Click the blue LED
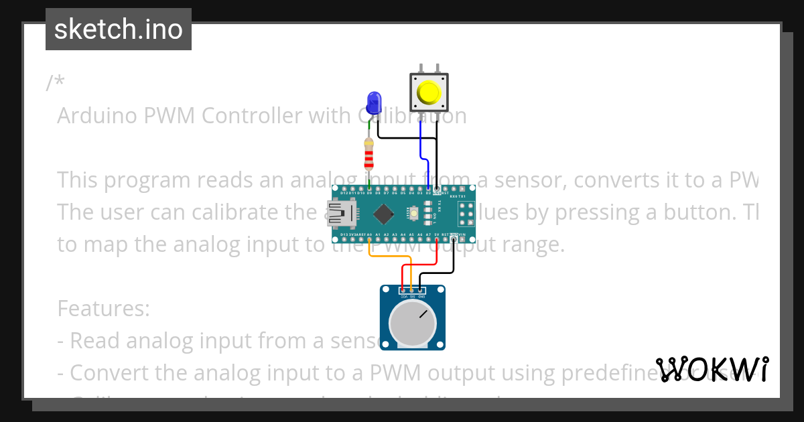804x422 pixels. [x=373, y=103]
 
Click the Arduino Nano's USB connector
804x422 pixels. [x=341, y=214]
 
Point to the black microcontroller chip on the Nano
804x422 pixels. [x=383, y=214]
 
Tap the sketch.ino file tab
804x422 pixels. [x=119, y=29]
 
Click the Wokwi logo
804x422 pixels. [x=712, y=369]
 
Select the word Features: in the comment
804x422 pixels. [x=103, y=309]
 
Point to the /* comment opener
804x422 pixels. [x=56, y=84]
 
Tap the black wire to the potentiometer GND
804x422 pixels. [x=442, y=272]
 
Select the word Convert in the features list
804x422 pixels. [x=111, y=372]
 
